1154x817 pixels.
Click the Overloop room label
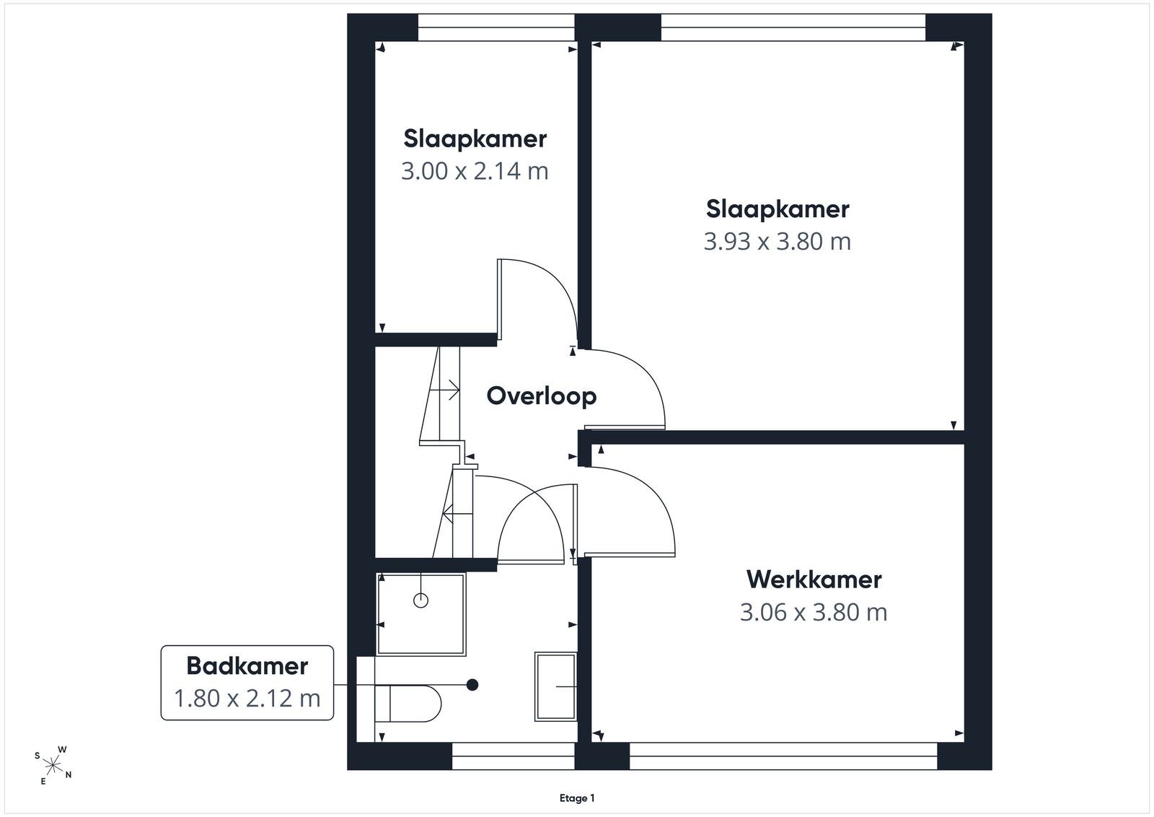pyautogui.click(x=542, y=396)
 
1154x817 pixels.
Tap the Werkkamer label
pyautogui.click(x=814, y=580)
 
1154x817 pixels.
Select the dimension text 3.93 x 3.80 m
pyautogui.click(x=778, y=241)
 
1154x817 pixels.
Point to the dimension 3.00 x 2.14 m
pyautogui.click(x=475, y=171)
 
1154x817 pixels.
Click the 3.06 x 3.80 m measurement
pyautogui.click(x=814, y=612)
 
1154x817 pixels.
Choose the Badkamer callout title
pyautogui.click(x=247, y=666)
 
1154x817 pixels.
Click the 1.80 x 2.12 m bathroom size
pyautogui.click(x=247, y=699)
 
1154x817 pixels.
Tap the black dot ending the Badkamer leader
pyautogui.click(x=472, y=685)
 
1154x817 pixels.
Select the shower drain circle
pyautogui.click(x=421, y=600)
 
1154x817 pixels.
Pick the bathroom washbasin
pyautogui.click(x=555, y=687)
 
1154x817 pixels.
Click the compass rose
pyautogui.click(x=53, y=766)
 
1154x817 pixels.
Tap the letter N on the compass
pyautogui.click(x=69, y=774)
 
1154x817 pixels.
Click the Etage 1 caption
pyautogui.click(x=577, y=798)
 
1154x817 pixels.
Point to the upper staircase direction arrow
pyautogui.click(x=444, y=390)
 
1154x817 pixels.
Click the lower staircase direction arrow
pyautogui.click(x=457, y=513)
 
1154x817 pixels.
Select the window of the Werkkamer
pyautogui.click(x=783, y=756)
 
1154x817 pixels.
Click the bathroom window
pyautogui.click(x=513, y=756)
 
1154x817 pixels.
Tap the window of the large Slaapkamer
pyautogui.click(x=793, y=27)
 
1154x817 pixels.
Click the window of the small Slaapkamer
pyautogui.click(x=496, y=27)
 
